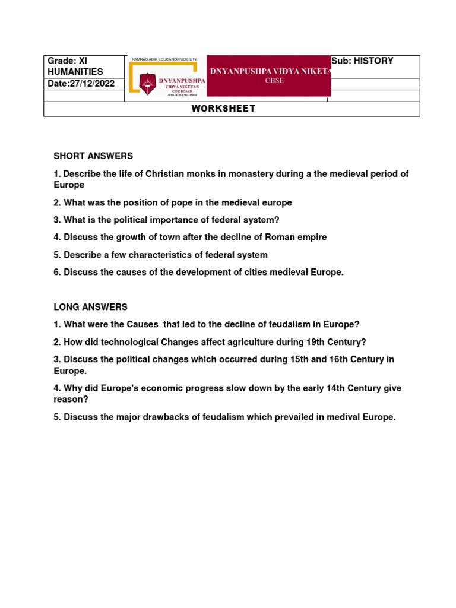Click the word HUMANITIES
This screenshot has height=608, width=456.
point(76,72)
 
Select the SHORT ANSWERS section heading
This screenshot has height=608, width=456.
point(93,156)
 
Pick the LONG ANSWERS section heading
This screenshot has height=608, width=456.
point(90,307)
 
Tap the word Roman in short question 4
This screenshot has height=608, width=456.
point(276,237)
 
